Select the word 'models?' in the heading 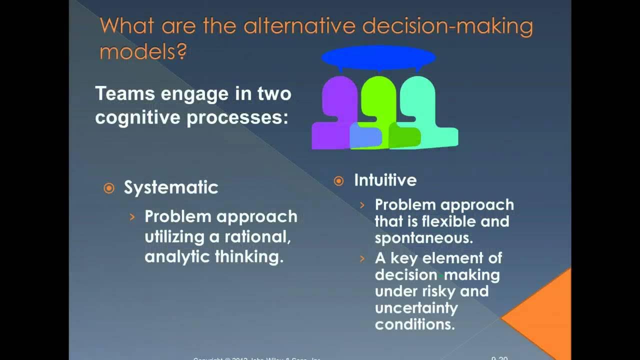pyautogui.click(x=143, y=51)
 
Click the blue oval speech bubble pyautogui.click(x=378, y=57)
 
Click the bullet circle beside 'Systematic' pyautogui.click(x=108, y=188)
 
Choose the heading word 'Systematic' pyautogui.click(x=171, y=187)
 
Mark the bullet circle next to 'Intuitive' pyautogui.click(x=338, y=180)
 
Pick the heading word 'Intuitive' pyautogui.click(x=385, y=180)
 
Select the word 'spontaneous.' pyautogui.click(x=423, y=238)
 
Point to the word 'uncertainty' pyautogui.click(x=409, y=307)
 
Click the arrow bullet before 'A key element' pyautogui.click(x=362, y=258)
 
